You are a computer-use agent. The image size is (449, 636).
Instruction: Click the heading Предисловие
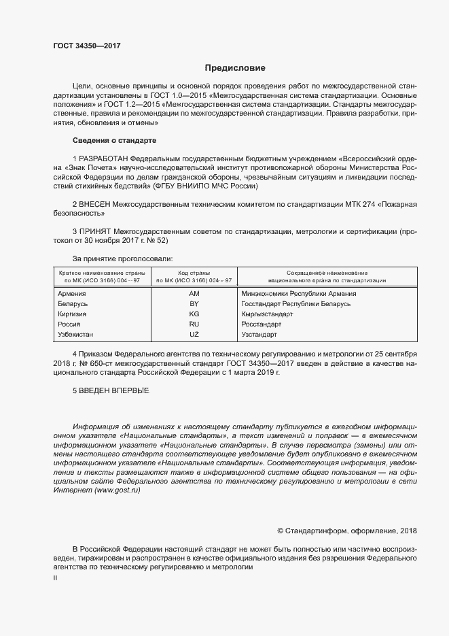click(235, 68)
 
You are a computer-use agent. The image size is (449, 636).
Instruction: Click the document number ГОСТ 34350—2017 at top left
click(87, 45)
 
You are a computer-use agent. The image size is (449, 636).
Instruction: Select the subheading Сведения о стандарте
click(114, 140)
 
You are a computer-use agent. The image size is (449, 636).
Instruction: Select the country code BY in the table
click(194, 304)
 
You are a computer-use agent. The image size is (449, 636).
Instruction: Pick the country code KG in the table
click(194, 314)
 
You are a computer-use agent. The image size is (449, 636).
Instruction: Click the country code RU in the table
click(194, 324)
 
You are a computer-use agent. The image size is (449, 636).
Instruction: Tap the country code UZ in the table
click(194, 335)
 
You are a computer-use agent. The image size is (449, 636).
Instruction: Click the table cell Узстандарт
click(259, 335)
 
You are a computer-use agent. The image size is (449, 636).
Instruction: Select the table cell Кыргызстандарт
click(267, 314)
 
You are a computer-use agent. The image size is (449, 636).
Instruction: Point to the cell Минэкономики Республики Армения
click(299, 294)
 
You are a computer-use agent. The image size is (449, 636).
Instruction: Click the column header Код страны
click(194, 272)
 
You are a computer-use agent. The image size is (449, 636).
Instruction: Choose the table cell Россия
click(70, 324)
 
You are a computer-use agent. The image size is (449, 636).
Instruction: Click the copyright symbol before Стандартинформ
click(281, 530)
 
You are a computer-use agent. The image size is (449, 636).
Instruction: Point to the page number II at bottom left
click(56, 578)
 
